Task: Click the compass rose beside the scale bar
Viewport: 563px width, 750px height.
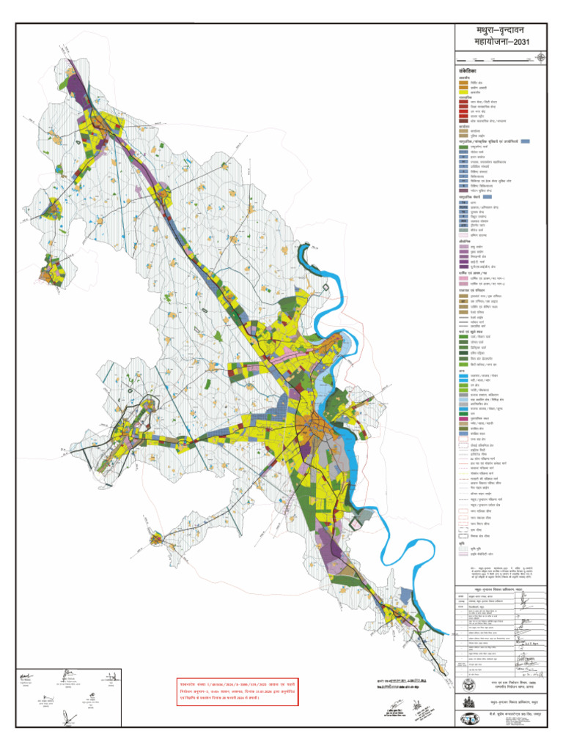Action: click(541, 57)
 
